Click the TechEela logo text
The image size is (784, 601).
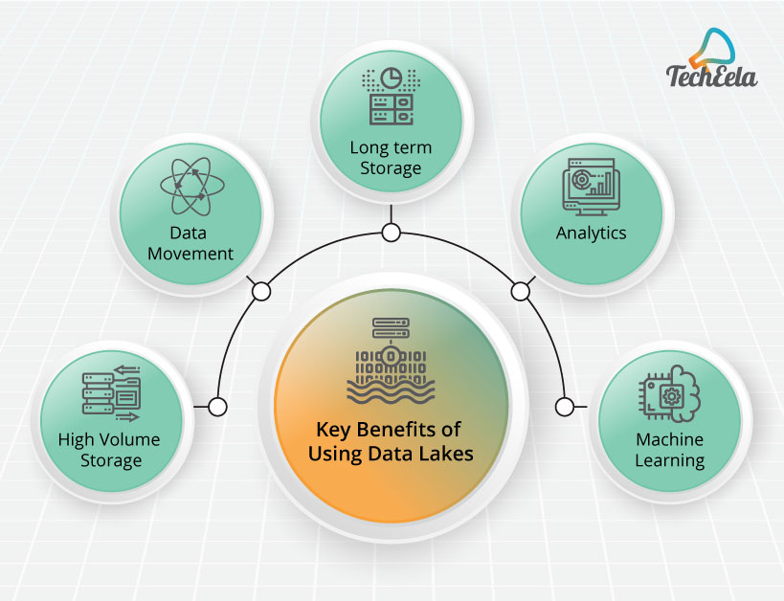click(x=710, y=75)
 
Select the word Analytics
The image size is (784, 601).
click(x=591, y=233)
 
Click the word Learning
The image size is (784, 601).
click(x=670, y=460)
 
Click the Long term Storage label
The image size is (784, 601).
click(x=390, y=158)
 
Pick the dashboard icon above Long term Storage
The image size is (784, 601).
click(x=390, y=96)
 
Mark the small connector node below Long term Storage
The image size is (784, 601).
click(x=390, y=233)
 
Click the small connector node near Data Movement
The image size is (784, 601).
click(x=259, y=290)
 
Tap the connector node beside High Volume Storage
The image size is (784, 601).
click(x=217, y=407)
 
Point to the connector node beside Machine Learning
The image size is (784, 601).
click(x=565, y=407)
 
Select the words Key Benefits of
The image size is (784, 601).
click(x=390, y=431)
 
